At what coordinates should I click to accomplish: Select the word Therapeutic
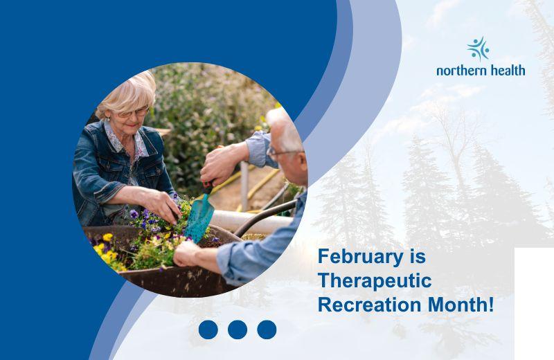[374, 281]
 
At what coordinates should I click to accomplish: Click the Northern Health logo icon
[478, 49]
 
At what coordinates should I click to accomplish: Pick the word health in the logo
[507, 70]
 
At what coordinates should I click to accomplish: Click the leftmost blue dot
[208, 330]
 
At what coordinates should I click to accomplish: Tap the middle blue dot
[238, 330]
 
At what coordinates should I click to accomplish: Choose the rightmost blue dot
[267, 330]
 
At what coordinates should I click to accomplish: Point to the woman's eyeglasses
[133, 111]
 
